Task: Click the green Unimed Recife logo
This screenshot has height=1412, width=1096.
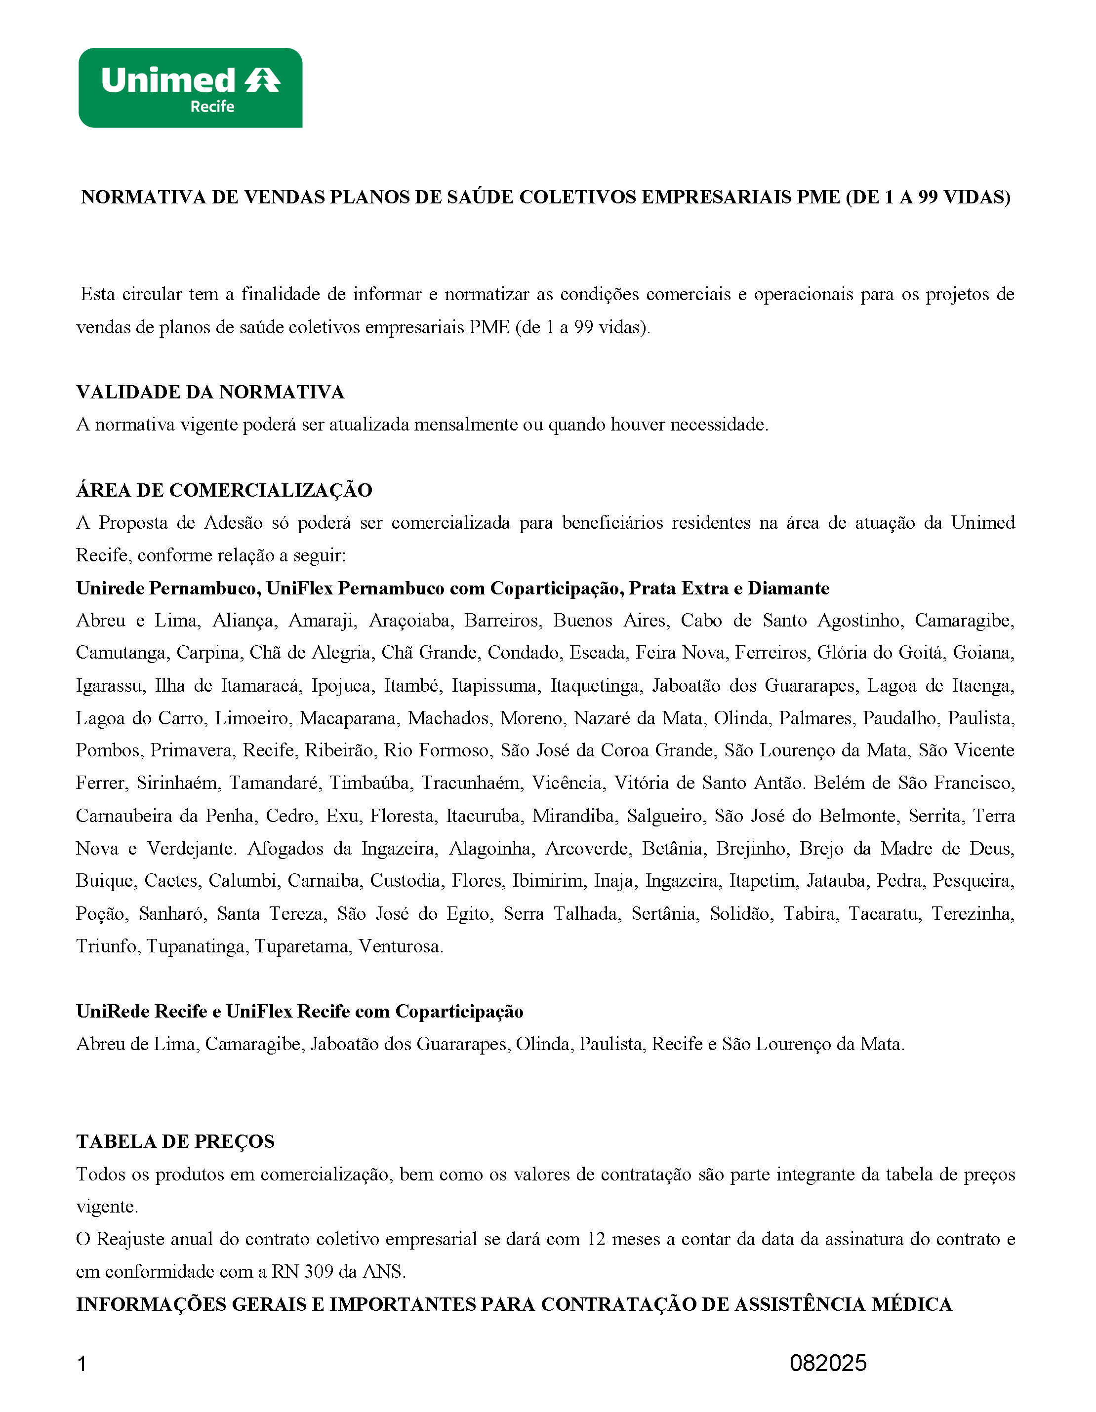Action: tap(190, 88)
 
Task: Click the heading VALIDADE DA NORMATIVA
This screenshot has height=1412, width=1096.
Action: tap(210, 392)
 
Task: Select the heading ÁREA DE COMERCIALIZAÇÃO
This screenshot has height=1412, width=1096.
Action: tap(224, 490)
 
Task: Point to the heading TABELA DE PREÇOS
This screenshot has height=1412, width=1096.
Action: tap(175, 1142)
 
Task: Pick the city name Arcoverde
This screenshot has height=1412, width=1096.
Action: tap(588, 848)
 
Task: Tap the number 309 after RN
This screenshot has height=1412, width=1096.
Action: tap(318, 1272)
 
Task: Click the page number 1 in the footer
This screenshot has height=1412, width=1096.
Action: tap(81, 1364)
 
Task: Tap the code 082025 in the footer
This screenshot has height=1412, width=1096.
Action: tap(828, 1363)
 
